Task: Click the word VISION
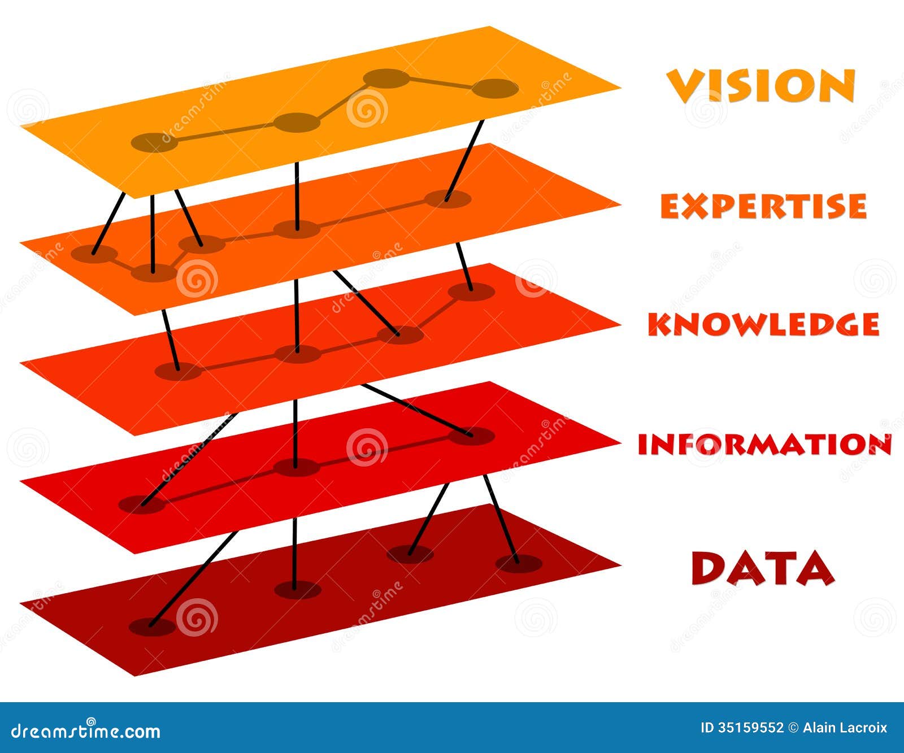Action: coord(760,86)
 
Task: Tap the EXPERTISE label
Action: coord(763,206)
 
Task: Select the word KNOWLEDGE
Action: coord(763,324)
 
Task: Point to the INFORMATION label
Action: coord(764,445)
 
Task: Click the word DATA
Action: coord(763,568)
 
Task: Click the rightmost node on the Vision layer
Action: coord(495,89)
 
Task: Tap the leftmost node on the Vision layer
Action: coord(154,142)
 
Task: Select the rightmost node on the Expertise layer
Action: coord(447,199)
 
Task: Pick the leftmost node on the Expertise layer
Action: coord(95,254)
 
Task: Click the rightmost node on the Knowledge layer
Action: coord(471,291)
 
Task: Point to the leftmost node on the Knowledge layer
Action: coord(178,371)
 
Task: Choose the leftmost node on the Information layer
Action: coord(141,504)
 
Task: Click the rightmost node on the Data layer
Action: coord(518,563)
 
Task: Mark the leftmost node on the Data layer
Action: coord(152,626)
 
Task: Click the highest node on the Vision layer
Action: coord(386,79)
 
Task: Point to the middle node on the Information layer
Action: coord(296,467)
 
